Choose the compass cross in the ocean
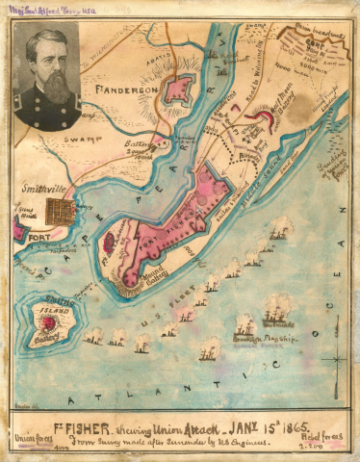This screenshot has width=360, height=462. [334, 359]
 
